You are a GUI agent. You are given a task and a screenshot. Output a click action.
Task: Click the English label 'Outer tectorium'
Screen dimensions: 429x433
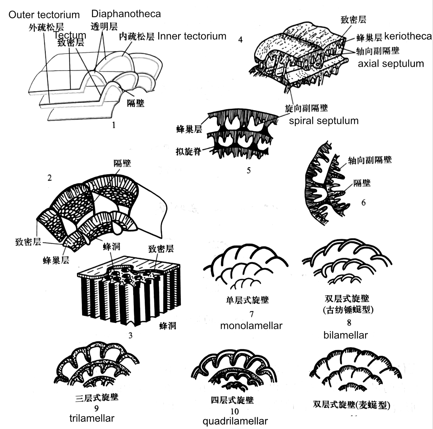44,15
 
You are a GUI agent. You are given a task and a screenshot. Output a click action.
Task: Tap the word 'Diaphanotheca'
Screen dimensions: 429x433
126,14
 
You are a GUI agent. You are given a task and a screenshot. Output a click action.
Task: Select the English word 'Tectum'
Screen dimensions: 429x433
70,35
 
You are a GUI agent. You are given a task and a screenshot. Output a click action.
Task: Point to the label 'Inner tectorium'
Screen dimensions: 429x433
192,36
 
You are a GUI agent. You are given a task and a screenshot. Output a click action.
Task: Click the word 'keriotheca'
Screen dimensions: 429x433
408,36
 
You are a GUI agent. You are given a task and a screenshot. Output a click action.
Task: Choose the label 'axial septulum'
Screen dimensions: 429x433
391,64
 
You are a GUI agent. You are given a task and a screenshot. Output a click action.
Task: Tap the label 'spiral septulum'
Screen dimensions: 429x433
324,121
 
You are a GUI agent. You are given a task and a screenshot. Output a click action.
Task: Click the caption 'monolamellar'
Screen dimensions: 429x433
251,326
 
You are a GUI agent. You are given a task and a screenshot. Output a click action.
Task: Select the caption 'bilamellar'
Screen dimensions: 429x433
346,335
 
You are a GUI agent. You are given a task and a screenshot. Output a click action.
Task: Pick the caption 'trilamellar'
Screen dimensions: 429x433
92,418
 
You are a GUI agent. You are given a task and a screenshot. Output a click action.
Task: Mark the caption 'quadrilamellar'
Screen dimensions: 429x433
235,421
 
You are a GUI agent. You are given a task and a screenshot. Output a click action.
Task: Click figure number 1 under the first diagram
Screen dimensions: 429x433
114,125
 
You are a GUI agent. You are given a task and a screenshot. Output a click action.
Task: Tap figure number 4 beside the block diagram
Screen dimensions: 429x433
240,40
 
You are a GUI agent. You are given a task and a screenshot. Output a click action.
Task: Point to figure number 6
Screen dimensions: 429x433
363,203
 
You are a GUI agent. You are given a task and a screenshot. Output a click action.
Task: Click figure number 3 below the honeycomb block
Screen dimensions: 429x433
130,335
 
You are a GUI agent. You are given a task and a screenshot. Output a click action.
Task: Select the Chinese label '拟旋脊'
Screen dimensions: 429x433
188,151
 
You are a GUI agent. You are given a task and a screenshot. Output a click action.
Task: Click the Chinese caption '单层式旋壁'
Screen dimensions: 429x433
247,300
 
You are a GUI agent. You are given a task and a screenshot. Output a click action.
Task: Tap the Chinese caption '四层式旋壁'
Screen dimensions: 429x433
232,400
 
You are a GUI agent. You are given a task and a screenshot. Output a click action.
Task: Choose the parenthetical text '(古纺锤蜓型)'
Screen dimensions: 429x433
348,310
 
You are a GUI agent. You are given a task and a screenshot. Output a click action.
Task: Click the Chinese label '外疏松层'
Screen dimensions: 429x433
46,27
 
